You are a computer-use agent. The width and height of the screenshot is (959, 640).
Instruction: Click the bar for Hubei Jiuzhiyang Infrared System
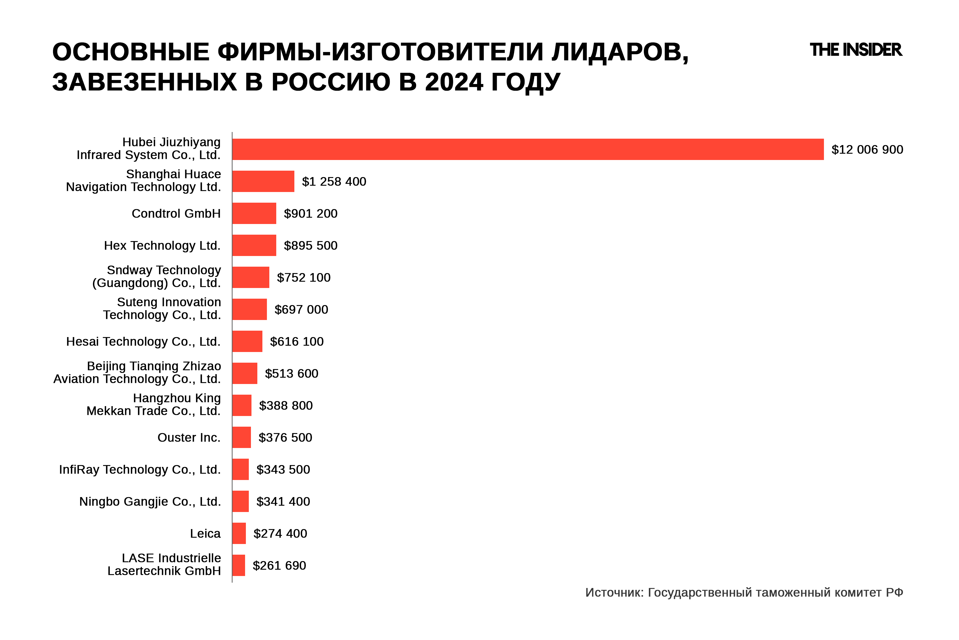(528, 149)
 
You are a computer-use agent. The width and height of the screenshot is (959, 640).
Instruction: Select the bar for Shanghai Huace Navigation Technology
(263, 181)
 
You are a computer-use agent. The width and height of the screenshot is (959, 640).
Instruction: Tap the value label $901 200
(310, 214)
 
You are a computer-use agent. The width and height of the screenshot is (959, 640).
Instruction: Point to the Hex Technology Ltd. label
(162, 245)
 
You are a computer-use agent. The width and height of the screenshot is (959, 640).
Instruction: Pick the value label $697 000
(301, 309)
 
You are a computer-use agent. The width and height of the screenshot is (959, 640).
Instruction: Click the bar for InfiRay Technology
(240, 469)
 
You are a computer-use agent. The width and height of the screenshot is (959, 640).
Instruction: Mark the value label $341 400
(283, 501)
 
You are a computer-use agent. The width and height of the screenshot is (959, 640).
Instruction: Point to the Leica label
(205, 534)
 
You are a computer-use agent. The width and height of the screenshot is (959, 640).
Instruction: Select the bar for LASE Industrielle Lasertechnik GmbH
(238, 565)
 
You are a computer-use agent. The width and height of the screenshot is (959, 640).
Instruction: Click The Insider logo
(855, 50)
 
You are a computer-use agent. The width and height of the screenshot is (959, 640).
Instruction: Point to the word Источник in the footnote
(614, 592)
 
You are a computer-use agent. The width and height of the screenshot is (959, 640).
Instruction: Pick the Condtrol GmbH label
(176, 214)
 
